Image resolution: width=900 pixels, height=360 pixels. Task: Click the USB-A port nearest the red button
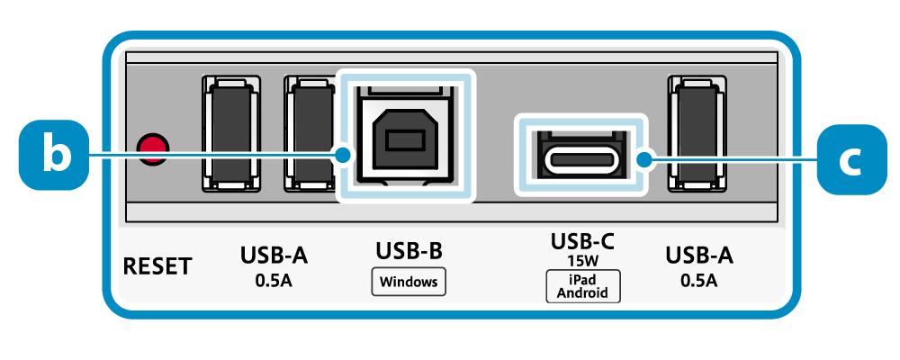click(x=230, y=134)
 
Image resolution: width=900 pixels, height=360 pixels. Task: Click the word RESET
click(x=157, y=266)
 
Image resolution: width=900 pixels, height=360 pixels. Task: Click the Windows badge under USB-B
click(x=409, y=282)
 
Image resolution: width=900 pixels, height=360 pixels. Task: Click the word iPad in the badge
click(x=582, y=280)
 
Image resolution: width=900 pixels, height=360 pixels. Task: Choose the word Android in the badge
click(x=582, y=292)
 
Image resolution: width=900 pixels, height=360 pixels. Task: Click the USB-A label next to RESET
click(x=274, y=256)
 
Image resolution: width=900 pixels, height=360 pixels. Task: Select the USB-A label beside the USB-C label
click(x=699, y=256)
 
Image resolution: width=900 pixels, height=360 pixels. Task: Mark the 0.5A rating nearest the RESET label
click(x=274, y=280)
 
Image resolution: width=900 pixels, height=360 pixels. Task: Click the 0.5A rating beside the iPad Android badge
click(x=699, y=280)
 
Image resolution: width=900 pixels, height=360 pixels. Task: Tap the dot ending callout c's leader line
click(x=643, y=160)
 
